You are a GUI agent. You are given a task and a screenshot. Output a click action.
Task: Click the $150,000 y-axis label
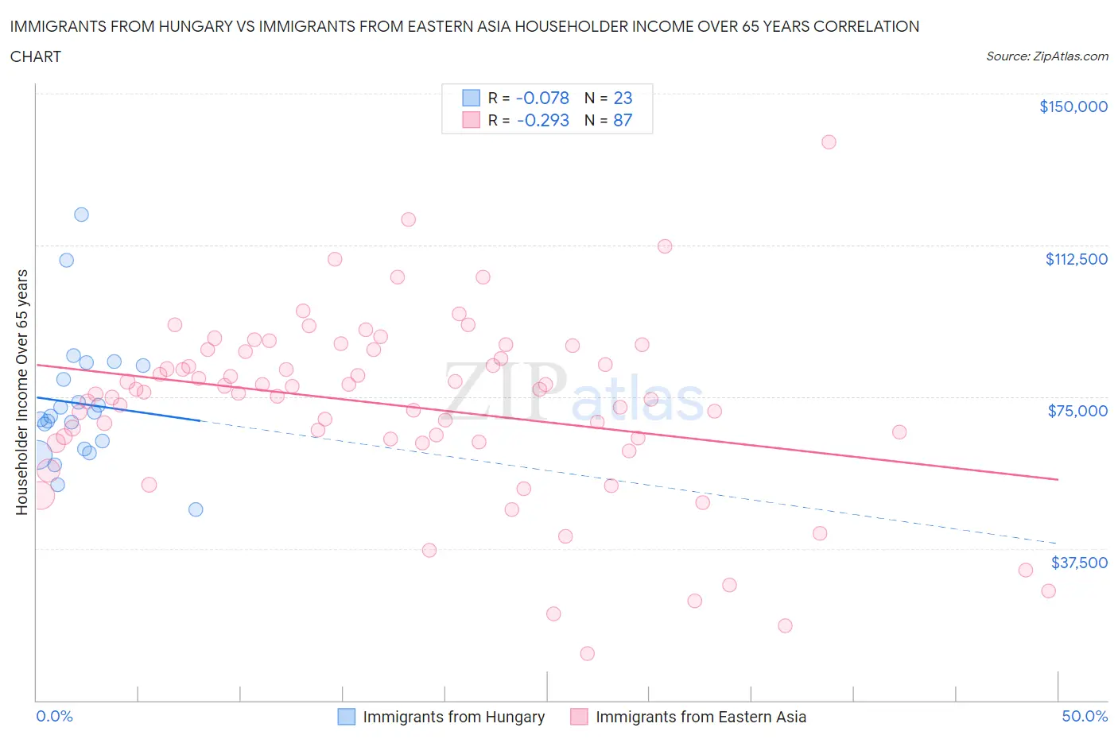[x=1073, y=106]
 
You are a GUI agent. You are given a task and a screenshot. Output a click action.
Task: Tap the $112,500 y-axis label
[x=1076, y=259]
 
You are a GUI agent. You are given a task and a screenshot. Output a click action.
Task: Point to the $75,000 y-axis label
[x=1077, y=411]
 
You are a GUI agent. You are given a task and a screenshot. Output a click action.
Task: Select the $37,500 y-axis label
[x=1078, y=563]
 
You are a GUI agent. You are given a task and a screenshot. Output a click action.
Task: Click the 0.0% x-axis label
[x=54, y=716]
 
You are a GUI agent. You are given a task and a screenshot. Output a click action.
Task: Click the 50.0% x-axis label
[x=1085, y=716]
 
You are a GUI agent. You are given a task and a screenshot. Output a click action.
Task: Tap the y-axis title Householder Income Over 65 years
[x=21, y=392]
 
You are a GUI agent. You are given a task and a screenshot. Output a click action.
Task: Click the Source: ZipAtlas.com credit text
[x=1046, y=56]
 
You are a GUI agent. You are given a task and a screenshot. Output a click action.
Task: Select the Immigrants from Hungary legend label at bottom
[x=453, y=717]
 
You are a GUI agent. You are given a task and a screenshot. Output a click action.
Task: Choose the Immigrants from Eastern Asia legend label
[x=701, y=717]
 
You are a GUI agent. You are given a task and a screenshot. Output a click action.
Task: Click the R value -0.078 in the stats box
[x=542, y=98]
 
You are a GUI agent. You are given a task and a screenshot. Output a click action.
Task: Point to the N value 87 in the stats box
[x=623, y=120]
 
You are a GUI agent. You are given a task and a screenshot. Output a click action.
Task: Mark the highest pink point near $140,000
[x=829, y=142]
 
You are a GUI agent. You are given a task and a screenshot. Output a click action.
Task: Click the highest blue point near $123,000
[x=81, y=215]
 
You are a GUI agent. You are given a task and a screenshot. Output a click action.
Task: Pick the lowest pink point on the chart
[x=588, y=653]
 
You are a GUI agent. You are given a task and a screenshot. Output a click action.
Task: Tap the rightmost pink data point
[x=1048, y=590]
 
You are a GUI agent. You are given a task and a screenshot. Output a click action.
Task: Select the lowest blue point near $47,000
[x=196, y=509]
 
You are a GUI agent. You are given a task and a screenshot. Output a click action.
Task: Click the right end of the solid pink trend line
[x=1058, y=479]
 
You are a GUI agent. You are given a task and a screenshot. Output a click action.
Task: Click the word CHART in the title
[x=36, y=56]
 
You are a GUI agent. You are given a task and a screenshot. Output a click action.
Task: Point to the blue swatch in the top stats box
[x=471, y=98]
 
